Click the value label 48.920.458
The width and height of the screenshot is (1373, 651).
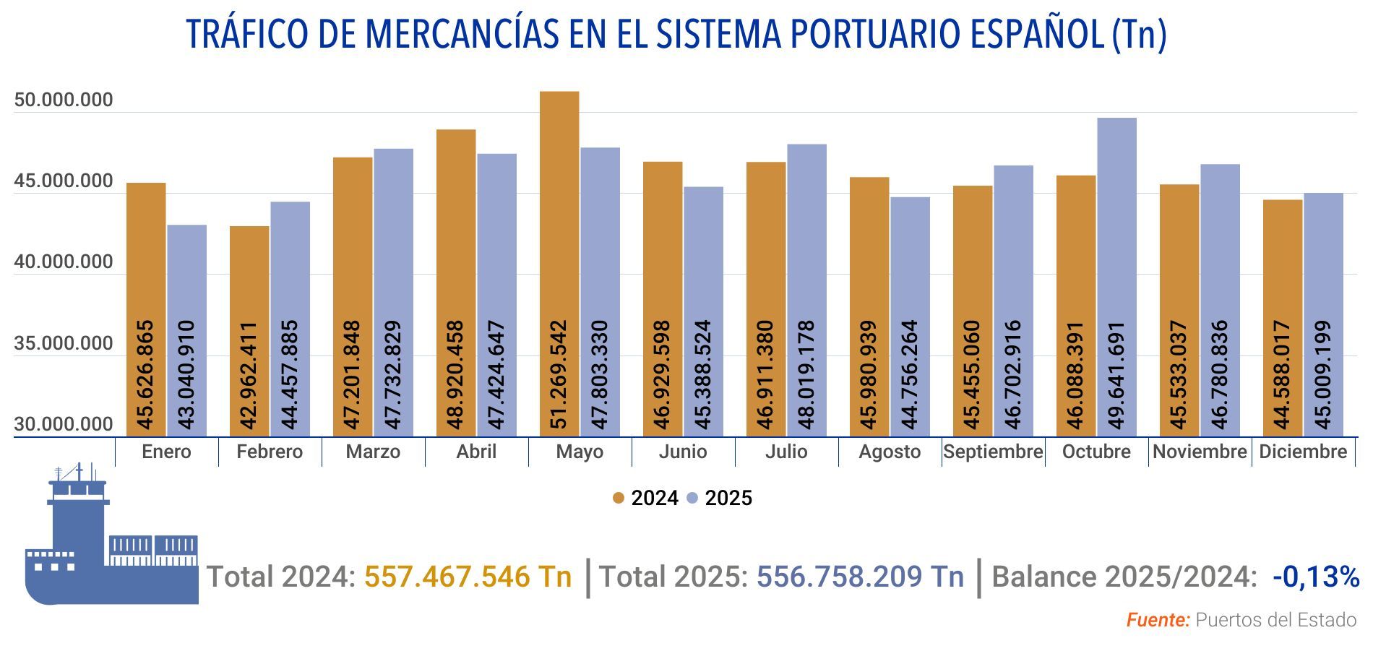point(455,375)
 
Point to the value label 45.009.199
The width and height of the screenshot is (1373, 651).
point(1324,375)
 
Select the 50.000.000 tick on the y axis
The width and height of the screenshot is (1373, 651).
point(64,100)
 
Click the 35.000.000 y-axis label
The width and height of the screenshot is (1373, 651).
point(64,344)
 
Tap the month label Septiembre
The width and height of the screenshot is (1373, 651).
point(993,452)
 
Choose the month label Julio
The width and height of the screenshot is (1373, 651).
point(786,452)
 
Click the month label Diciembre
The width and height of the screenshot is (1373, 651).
point(1303,452)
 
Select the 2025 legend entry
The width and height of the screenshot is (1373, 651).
point(720,499)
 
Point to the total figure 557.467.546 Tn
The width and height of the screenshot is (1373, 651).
point(468,577)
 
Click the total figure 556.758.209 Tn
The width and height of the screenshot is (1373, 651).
point(860,577)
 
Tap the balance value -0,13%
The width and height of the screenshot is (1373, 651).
point(1316,577)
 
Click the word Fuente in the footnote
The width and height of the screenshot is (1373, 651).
point(1158,620)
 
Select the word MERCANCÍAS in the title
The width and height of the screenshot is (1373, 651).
point(462,34)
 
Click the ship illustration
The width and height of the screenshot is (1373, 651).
point(108,549)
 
